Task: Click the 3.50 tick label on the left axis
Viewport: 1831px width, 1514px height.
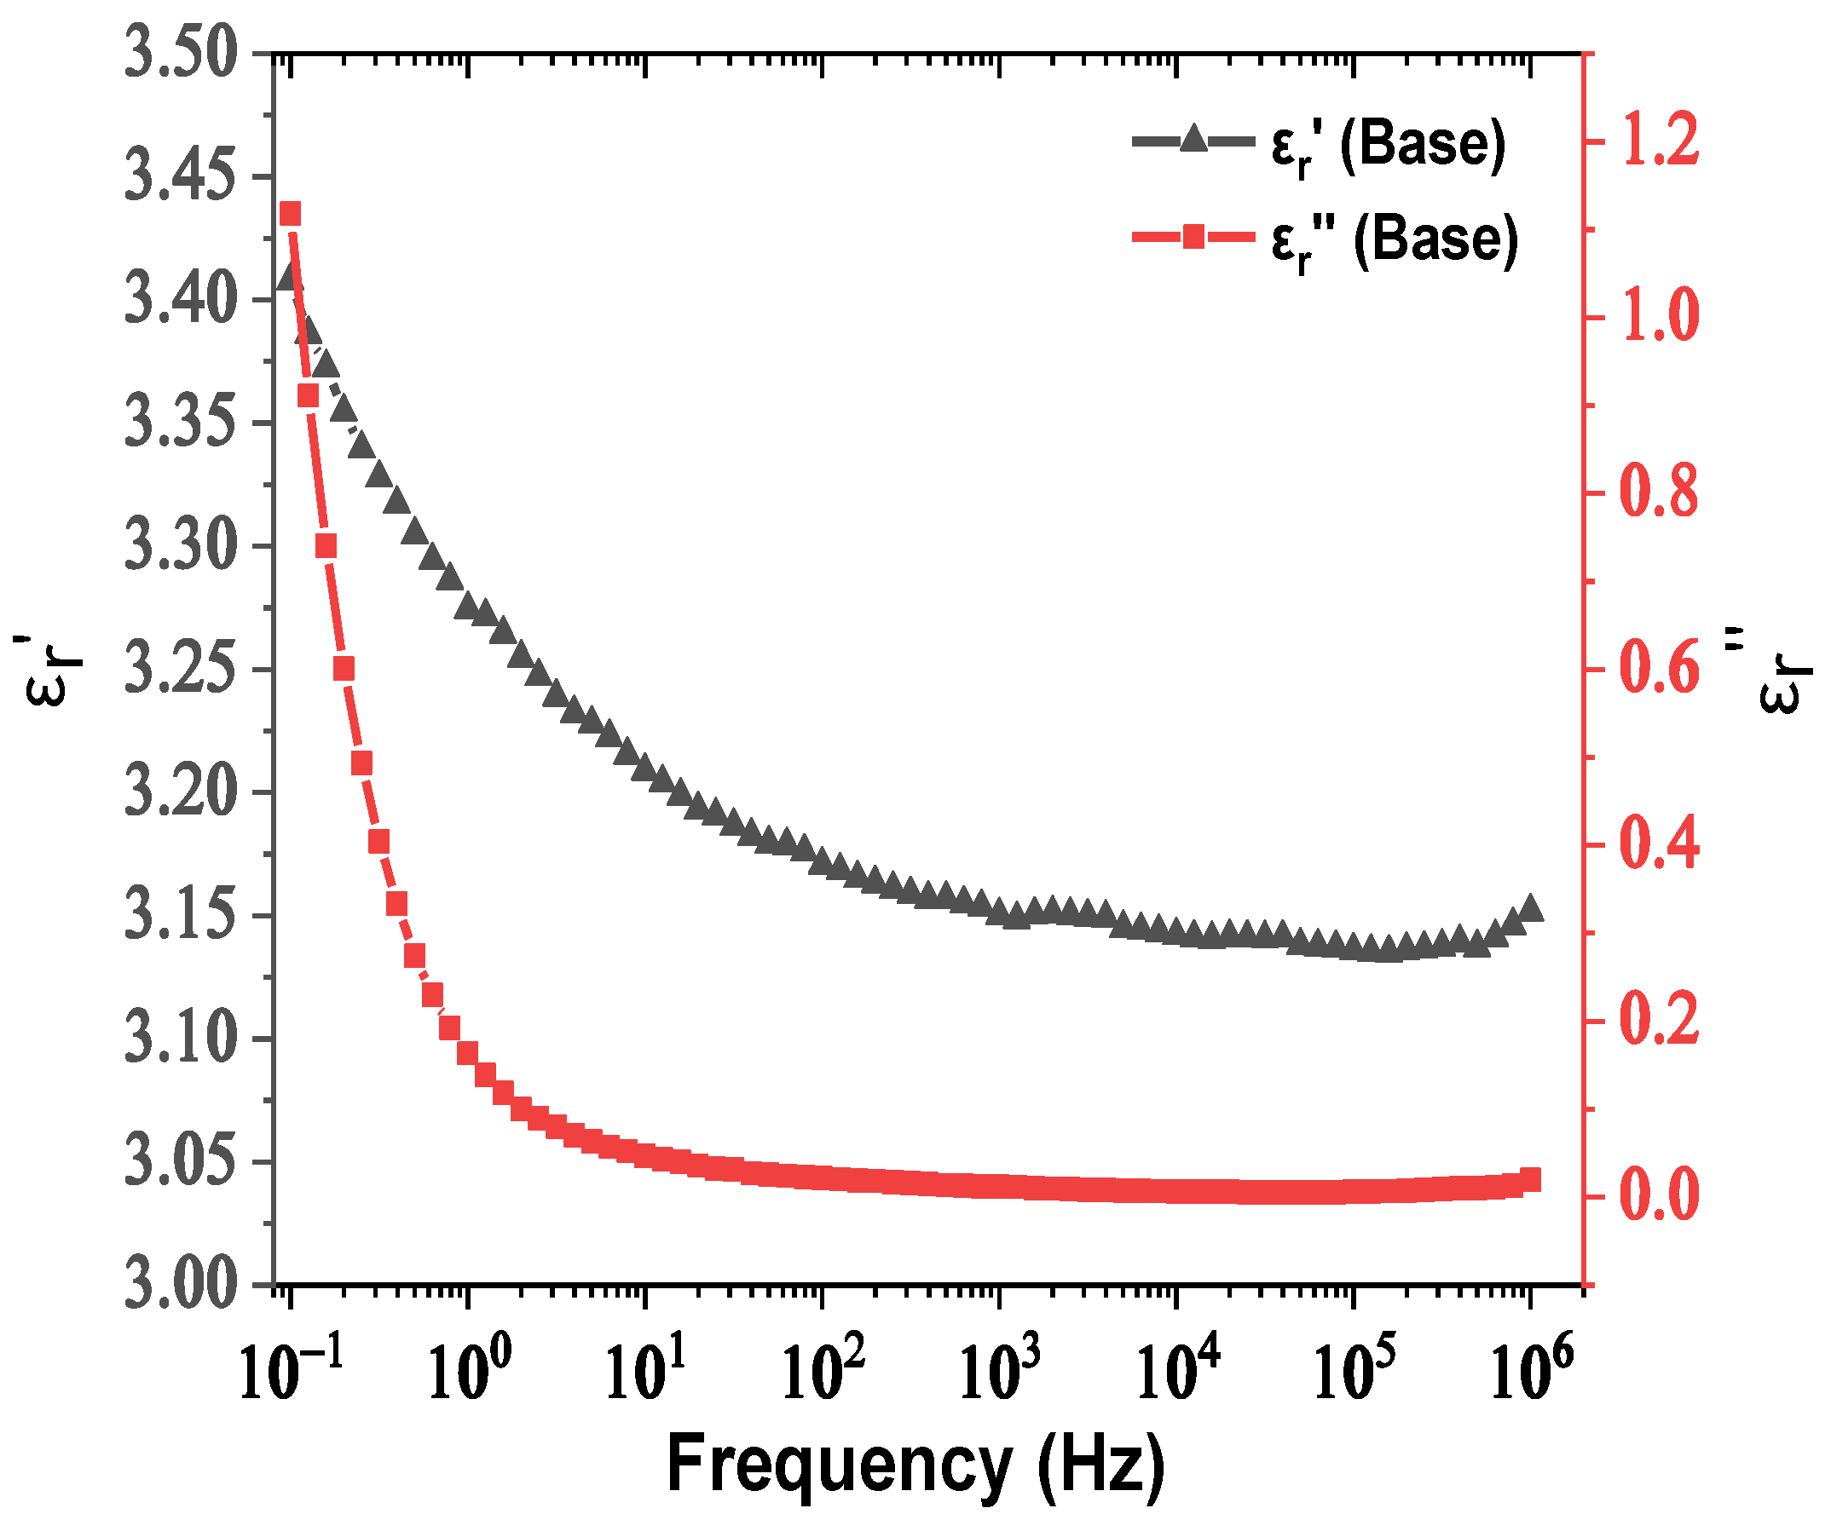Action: pyautogui.click(x=181, y=54)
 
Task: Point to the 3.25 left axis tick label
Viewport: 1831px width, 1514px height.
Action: pyautogui.click(x=181, y=670)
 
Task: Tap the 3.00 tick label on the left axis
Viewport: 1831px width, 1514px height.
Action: pyautogui.click(x=181, y=1285)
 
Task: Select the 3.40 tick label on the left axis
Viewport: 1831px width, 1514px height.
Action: pyautogui.click(x=181, y=300)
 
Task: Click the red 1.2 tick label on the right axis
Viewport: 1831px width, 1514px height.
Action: pyautogui.click(x=1659, y=142)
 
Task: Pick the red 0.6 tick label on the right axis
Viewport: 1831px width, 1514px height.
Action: pyautogui.click(x=1659, y=670)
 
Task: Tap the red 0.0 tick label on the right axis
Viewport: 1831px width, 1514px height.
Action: pyautogui.click(x=1659, y=1196)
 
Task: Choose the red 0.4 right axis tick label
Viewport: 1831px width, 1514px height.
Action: pyautogui.click(x=1659, y=845)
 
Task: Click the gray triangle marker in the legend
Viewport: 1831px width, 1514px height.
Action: pyautogui.click(x=1193, y=140)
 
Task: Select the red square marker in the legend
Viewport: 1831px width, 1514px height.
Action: pyautogui.click(x=1193, y=236)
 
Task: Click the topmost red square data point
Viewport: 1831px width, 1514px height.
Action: pyautogui.click(x=291, y=214)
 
